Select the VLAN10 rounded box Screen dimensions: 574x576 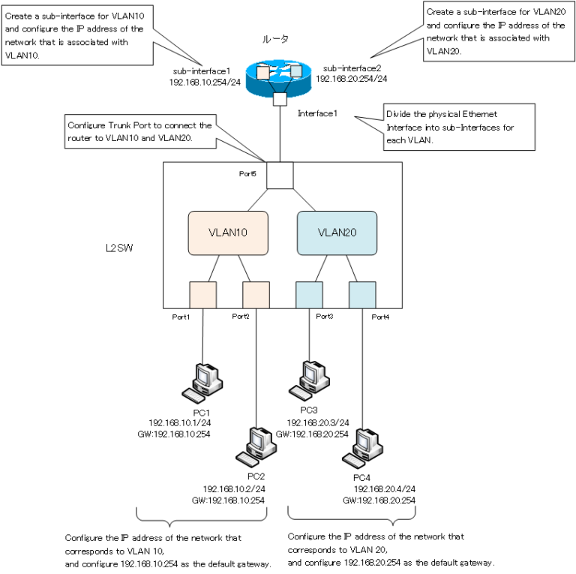(x=227, y=233)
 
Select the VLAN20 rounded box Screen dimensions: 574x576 (x=337, y=233)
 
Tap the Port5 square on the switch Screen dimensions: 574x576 (x=280, y=177)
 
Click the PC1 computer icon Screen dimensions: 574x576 (x=202, y=381)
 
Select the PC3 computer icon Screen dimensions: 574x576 (x=308, y=379)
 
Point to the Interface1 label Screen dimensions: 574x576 (x=318, y=113)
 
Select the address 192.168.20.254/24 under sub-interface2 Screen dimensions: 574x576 (x=352, y=77)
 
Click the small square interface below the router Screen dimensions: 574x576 (x=280, y=99)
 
